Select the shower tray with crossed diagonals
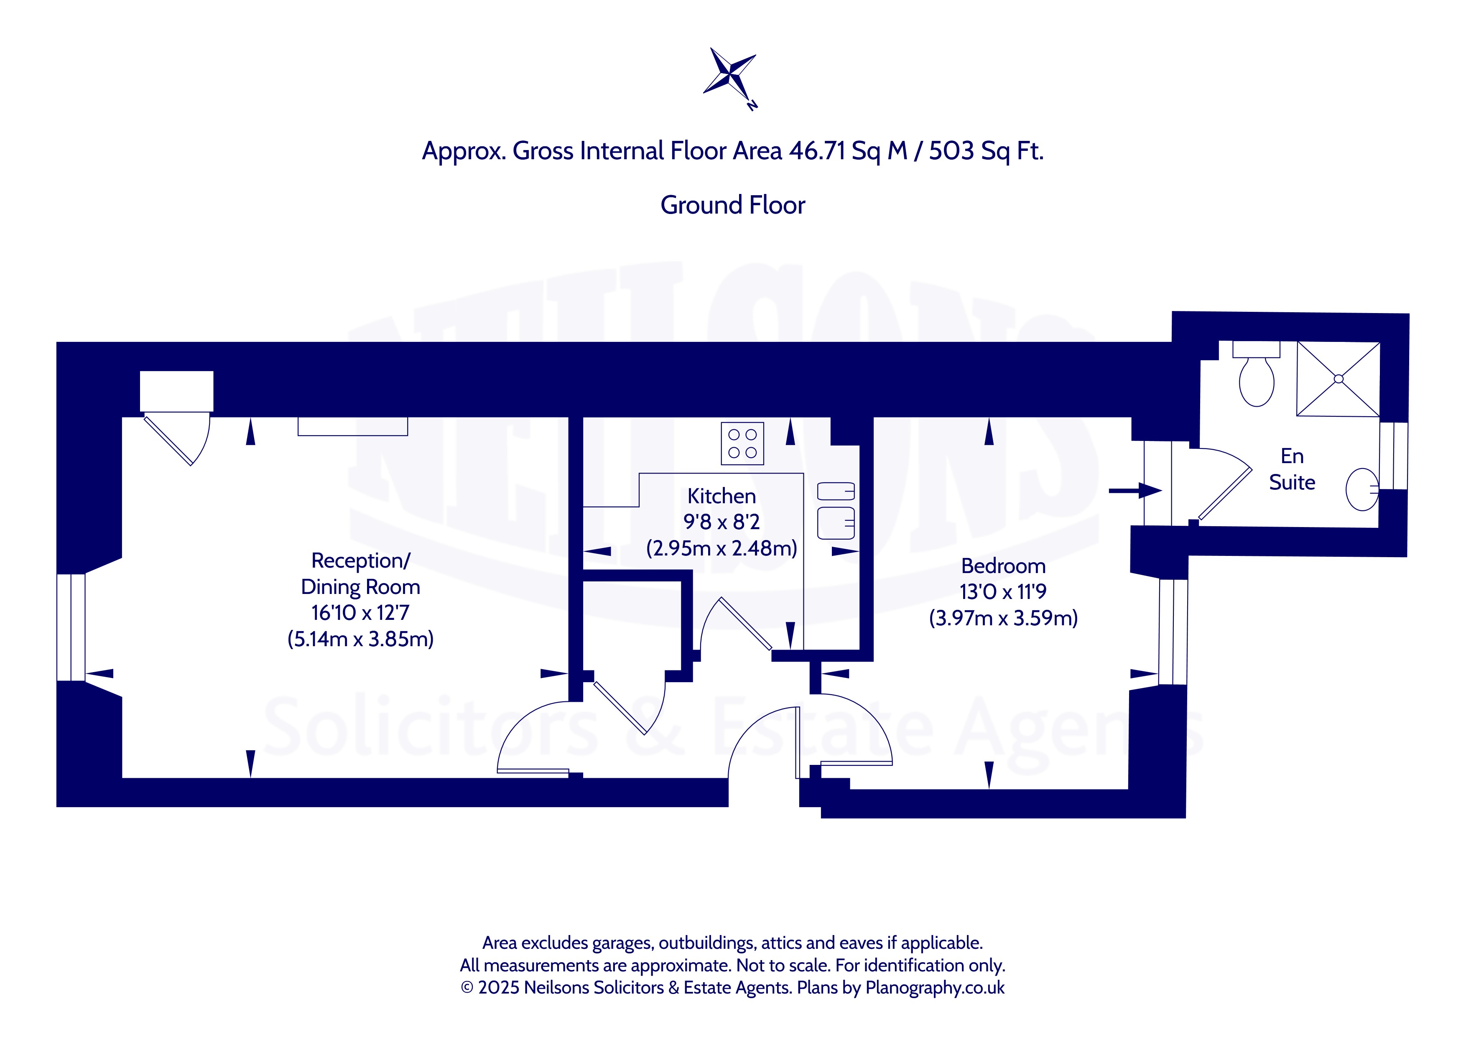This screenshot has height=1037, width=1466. click(1339, 379)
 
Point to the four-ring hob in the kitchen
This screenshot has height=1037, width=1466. click(742, 443)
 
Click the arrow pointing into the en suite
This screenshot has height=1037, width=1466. click(1135, 490)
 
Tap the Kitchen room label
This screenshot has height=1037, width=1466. click(722, 496)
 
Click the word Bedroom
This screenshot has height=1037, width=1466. click(1003, 566)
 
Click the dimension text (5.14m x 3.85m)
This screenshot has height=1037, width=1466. click(361, 639)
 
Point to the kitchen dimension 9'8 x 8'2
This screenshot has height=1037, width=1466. click(722, 522)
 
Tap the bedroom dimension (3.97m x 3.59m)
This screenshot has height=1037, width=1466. click(1003, 618)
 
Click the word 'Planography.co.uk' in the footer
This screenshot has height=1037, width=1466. click(935, 988)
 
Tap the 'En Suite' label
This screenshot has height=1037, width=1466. click(1292, 469)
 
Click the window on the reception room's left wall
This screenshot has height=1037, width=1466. click(71, 627)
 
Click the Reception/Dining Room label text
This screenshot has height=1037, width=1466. click(361, 573)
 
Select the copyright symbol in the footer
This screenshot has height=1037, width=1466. click(467, 988)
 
